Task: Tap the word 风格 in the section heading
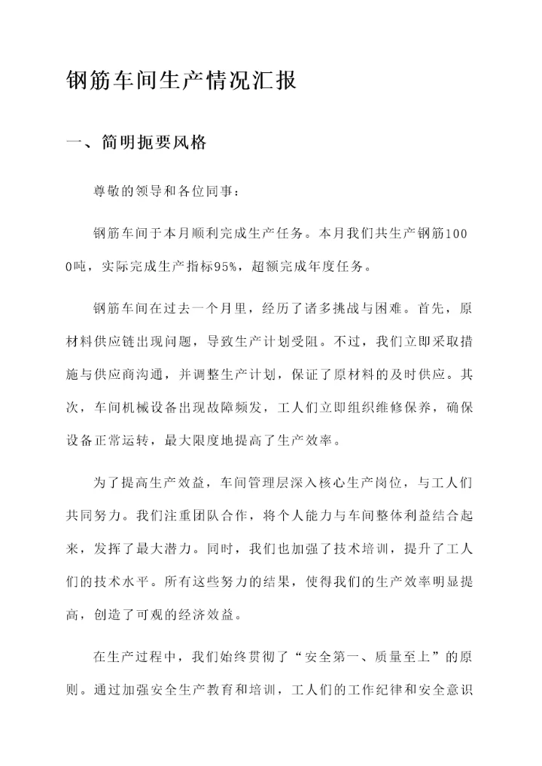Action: (x=189, y=143)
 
